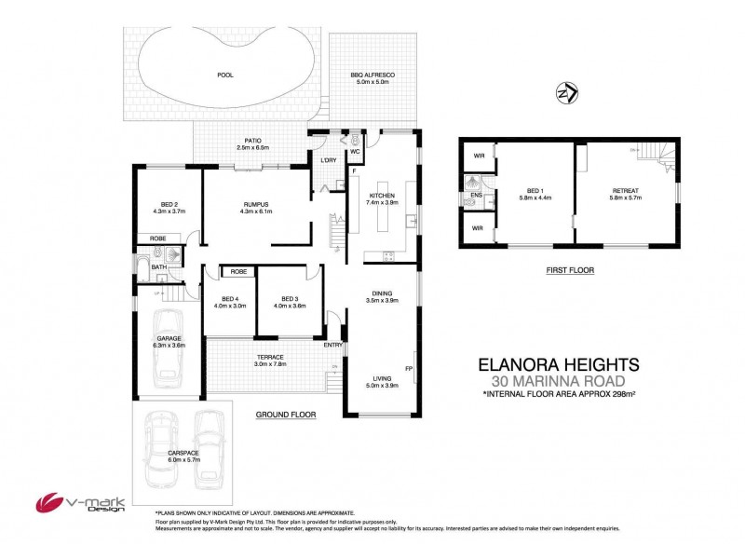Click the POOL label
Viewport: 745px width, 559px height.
tap(224, 75)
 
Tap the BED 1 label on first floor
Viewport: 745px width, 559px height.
tap(534, 193)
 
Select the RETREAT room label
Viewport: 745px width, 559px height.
tap(626, 193)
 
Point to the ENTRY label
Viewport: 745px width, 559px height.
tap(332, 345)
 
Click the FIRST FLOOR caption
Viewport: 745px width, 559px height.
tap(570, 270)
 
